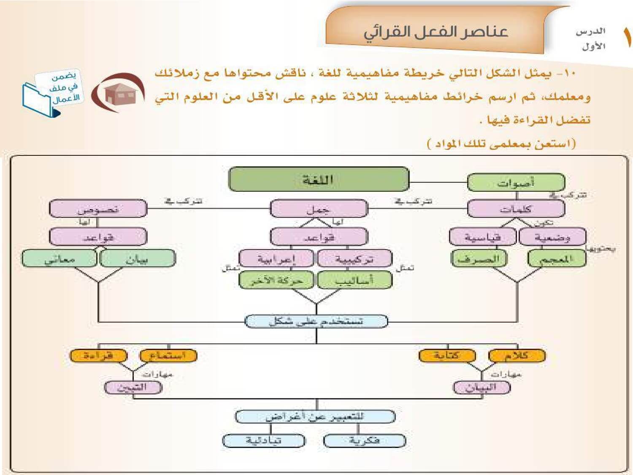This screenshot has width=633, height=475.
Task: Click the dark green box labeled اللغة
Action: coord(319,179)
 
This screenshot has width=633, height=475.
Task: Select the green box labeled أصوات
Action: coord(516,182)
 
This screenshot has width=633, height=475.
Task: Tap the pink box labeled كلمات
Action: coord(516,209)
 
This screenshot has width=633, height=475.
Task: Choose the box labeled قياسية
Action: coord(482,237)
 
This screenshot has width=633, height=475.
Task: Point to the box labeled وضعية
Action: coord(552,237)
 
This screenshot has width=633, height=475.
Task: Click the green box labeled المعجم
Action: coord(557,258)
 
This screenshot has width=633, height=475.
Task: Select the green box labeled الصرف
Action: coord(479,258)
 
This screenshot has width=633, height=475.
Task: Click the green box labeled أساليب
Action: coord(354,280)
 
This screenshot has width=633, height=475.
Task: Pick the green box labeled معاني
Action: coord(60,259)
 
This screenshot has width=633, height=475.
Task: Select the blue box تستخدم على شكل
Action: coord(316,321)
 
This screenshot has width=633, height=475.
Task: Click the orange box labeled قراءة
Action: coord(98,356)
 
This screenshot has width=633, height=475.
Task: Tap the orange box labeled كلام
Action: coord(517,356)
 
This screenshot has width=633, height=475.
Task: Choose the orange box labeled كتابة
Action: coord(447,356)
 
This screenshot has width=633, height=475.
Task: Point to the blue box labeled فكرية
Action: coord(364,440)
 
